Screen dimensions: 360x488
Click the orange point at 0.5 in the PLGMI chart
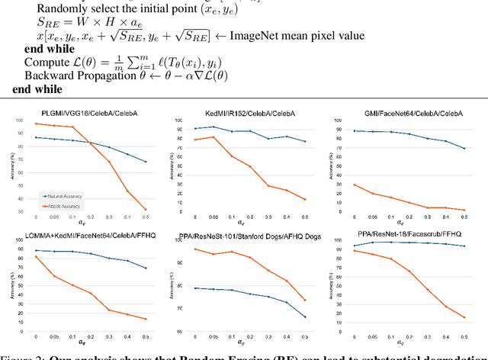[145, 209]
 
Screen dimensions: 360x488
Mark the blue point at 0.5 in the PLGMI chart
[145, 162]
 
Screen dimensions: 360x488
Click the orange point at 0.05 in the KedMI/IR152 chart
[213, 137]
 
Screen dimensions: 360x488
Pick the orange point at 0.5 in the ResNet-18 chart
[463, 317]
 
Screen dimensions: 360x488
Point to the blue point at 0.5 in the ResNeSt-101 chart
[305, 317]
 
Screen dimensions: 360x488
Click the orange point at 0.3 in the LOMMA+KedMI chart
[109, 310]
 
